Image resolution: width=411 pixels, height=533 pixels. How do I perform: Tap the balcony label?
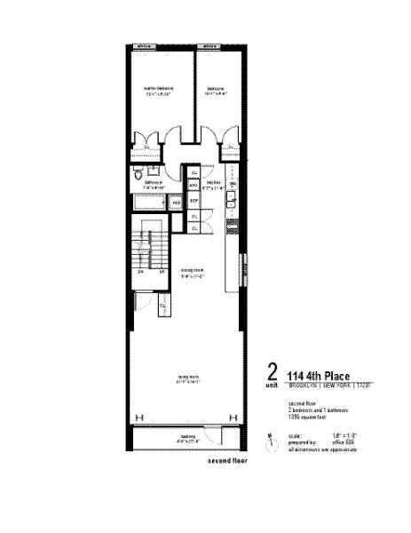pos(188,437)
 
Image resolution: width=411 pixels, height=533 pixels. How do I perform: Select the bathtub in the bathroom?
pos(149,203)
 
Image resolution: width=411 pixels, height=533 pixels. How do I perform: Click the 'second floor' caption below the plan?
pos(227,462)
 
